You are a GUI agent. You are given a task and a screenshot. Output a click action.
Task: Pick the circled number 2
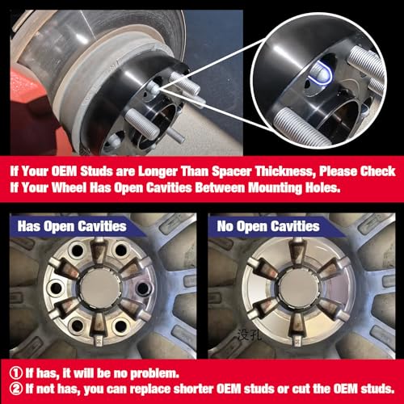tap(16, 390)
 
